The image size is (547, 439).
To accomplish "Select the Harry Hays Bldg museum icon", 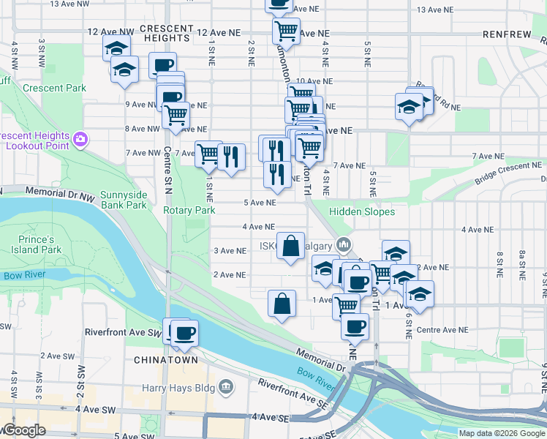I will pyautogui.click(x=225, y=385).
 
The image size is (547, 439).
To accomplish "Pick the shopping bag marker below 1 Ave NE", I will pyautogui.click(x=282, y=304).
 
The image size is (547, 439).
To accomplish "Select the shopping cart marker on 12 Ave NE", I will pyautogui.click(x=286, y=31).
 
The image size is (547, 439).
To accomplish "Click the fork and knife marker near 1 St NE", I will pyautogui.click(x=231, y=157).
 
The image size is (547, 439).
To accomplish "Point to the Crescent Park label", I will pyautogui.click(x=54, y=89).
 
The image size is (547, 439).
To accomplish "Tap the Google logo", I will pyautogui.click(x=24, y=431).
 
